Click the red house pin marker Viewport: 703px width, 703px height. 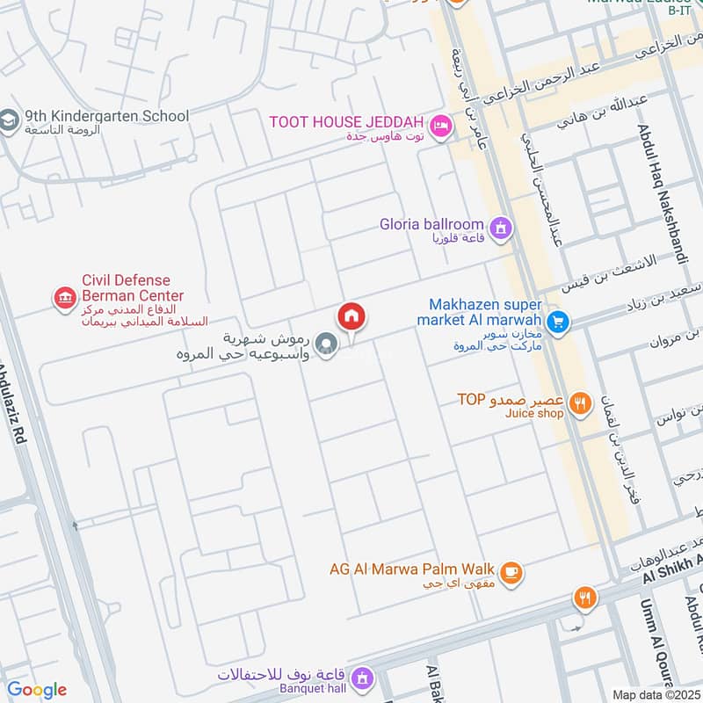coord(351,316)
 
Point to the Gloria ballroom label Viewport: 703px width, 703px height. coord(431,224)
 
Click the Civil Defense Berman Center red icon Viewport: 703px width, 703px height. coord(64,300)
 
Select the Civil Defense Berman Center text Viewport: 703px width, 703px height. coord(132,288)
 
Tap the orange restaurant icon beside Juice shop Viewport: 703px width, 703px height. coord(579,403)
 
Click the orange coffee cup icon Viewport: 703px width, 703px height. coord(511,574)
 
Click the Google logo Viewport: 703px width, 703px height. coord(37,690)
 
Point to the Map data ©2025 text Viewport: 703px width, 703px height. coord(655,694)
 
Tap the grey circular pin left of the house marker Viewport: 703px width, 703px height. coord(326,344)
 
